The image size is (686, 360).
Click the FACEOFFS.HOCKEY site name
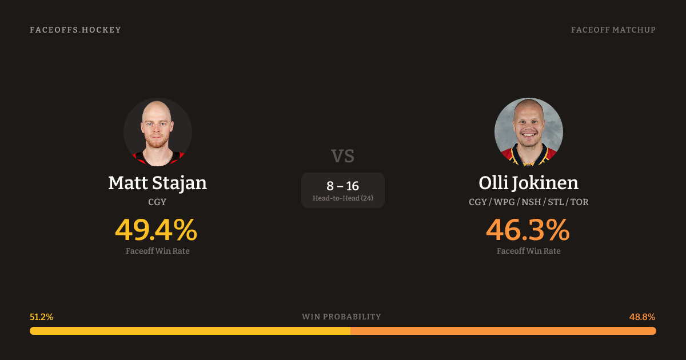(x=75, y=30)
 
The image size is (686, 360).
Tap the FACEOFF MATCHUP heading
(x=613, y=30)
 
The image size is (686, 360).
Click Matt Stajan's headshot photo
(x=158, y=132)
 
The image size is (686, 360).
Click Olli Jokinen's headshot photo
(x=529, y=132)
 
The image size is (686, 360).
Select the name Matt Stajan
(x=158, y=183)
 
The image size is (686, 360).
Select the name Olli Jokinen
(x=529, y=183)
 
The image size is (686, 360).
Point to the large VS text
(x=342, y=156)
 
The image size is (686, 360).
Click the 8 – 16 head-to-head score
(x=342, y=186)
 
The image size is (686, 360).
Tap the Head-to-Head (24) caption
(x=342, y=198)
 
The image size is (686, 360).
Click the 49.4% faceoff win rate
(x=156, y=230)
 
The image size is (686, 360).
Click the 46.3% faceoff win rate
(x=528, y=230)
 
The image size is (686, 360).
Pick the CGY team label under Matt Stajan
(x=157, y=202)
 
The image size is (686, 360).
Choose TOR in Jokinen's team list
(x=580, y=202)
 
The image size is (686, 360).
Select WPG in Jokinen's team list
(x=504, y=202)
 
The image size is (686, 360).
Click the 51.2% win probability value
(x=41, y=317)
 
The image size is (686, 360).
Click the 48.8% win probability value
(x=642, y=317)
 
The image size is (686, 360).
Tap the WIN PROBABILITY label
(x=341, y=317)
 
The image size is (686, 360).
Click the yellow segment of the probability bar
(x=190, y=331)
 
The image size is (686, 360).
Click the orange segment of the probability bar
(x=504, y=331)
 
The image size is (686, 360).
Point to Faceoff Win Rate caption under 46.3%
(x=529, y=251)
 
